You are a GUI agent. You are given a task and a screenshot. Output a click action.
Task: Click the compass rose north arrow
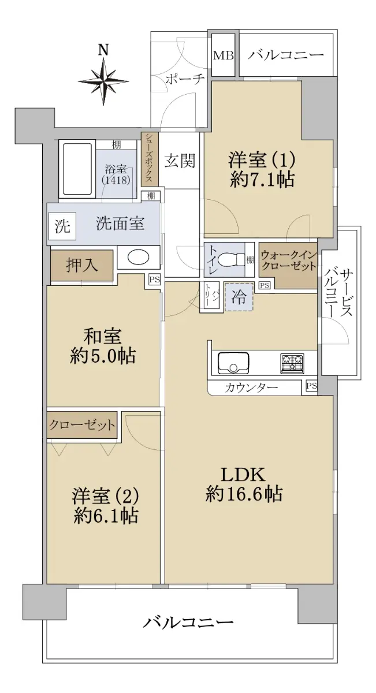point(103,81)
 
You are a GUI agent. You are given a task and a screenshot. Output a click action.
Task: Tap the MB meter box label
point(223,55)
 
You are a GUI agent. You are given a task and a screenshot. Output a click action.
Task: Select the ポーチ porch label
point(185,79)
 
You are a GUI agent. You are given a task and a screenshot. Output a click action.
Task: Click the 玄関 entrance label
point(180,161)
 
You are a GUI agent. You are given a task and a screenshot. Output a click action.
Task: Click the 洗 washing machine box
point(62,226)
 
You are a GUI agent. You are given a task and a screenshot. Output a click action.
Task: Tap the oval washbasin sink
point(139,257)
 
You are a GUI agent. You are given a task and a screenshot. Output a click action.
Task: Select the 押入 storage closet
point(81,266)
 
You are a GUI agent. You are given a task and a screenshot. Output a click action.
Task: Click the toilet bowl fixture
point(231,259)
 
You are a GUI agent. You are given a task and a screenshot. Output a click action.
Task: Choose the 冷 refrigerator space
point(239,297)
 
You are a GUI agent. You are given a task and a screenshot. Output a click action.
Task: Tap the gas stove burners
point(292,362)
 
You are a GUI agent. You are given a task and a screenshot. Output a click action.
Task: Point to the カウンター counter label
point(251,387)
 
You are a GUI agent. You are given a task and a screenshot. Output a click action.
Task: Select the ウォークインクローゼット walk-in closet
point(288,265)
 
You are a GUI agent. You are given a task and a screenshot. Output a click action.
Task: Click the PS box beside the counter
point(311,386)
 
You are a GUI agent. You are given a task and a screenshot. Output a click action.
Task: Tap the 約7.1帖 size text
point(262,180)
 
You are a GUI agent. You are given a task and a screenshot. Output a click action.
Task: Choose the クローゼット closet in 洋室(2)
point(82,425)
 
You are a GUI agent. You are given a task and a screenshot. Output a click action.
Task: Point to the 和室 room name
point(103,336)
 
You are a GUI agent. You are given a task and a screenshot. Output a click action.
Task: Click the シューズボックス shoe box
point(150,159)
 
